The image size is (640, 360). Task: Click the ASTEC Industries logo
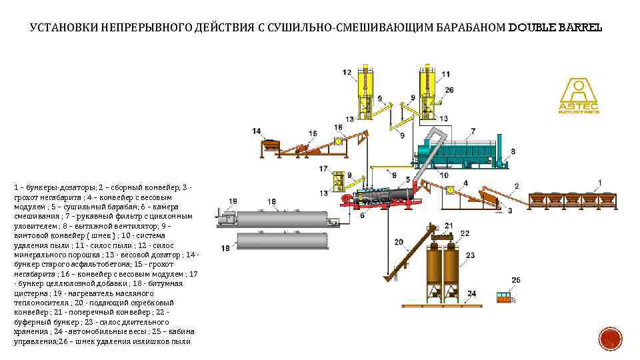(578, 96)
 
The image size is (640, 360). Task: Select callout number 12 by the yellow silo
(347, 72)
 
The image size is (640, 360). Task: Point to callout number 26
(449, 90)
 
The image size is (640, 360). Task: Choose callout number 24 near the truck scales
(471, 293)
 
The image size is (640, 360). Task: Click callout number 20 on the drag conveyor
(399, 242)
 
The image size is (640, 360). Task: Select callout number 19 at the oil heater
(232, 201)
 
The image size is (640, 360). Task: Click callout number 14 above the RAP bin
(257, 131)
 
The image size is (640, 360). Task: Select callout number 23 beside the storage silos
(470, 255)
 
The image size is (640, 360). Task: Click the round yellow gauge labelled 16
(339, 141)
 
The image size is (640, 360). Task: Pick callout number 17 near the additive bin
(323, 169)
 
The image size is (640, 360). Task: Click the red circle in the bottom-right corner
(609, 340)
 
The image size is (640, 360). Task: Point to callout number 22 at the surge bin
(465, 233)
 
